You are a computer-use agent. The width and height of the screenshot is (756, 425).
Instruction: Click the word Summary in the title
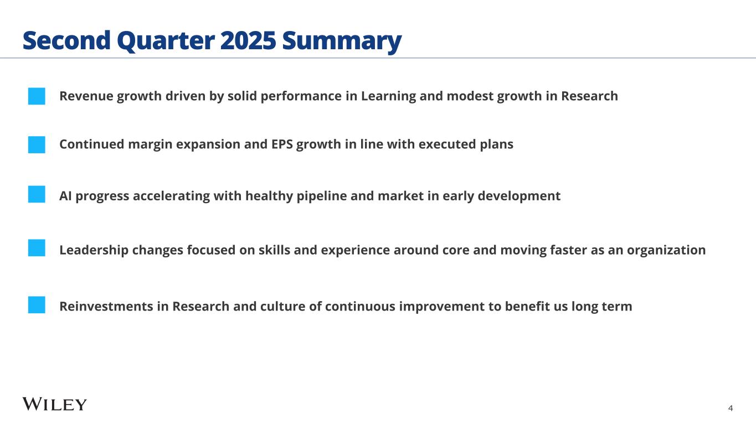[342, 41]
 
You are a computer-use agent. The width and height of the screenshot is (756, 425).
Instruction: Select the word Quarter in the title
[166, 41]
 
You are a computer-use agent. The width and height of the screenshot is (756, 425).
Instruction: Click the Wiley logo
[55, 404]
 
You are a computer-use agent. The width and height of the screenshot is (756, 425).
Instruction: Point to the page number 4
[731, 408]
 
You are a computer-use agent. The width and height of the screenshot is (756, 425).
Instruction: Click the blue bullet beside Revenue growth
[37, 96]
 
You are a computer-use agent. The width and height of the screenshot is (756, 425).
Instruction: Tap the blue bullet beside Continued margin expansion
[37, 144]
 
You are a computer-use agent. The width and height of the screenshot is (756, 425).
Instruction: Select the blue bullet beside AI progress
[37, 194]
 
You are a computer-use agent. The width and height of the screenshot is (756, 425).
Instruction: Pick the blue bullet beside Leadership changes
[37, 248]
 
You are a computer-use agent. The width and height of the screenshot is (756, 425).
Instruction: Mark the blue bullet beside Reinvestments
[37, 305]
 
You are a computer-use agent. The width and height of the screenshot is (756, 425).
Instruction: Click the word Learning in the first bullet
[388, 96]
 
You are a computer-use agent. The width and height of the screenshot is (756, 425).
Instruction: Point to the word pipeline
[321, 196]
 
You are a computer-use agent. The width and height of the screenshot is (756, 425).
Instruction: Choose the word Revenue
[86, 96]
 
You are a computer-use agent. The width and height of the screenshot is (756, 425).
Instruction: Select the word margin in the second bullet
[150, 144]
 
